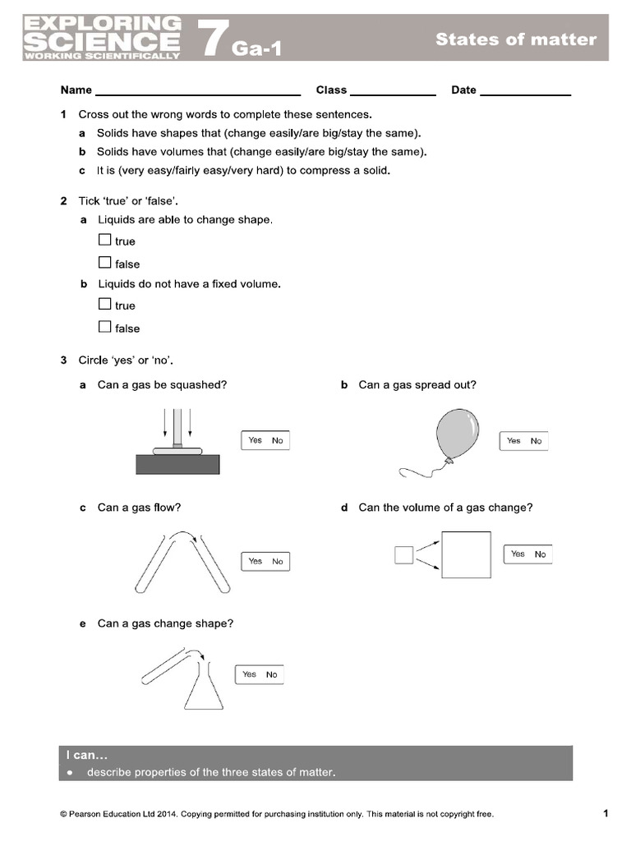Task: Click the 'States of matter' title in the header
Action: point(516,39)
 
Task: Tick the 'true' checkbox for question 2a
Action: point(104,241)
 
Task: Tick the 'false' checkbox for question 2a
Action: point(104,263)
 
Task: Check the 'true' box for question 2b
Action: point(104,304)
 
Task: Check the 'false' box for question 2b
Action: point(104,327)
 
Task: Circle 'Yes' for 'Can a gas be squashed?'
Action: point(256,440)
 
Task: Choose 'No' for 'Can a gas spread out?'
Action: point(536,441)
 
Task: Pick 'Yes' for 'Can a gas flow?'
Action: point(256,561)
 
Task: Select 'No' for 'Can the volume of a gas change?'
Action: point(540,554)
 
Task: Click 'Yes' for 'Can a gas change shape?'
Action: point(250,674)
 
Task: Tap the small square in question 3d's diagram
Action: point(403,555)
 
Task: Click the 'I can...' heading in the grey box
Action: point(87,756)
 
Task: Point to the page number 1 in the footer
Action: point(606,814)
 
